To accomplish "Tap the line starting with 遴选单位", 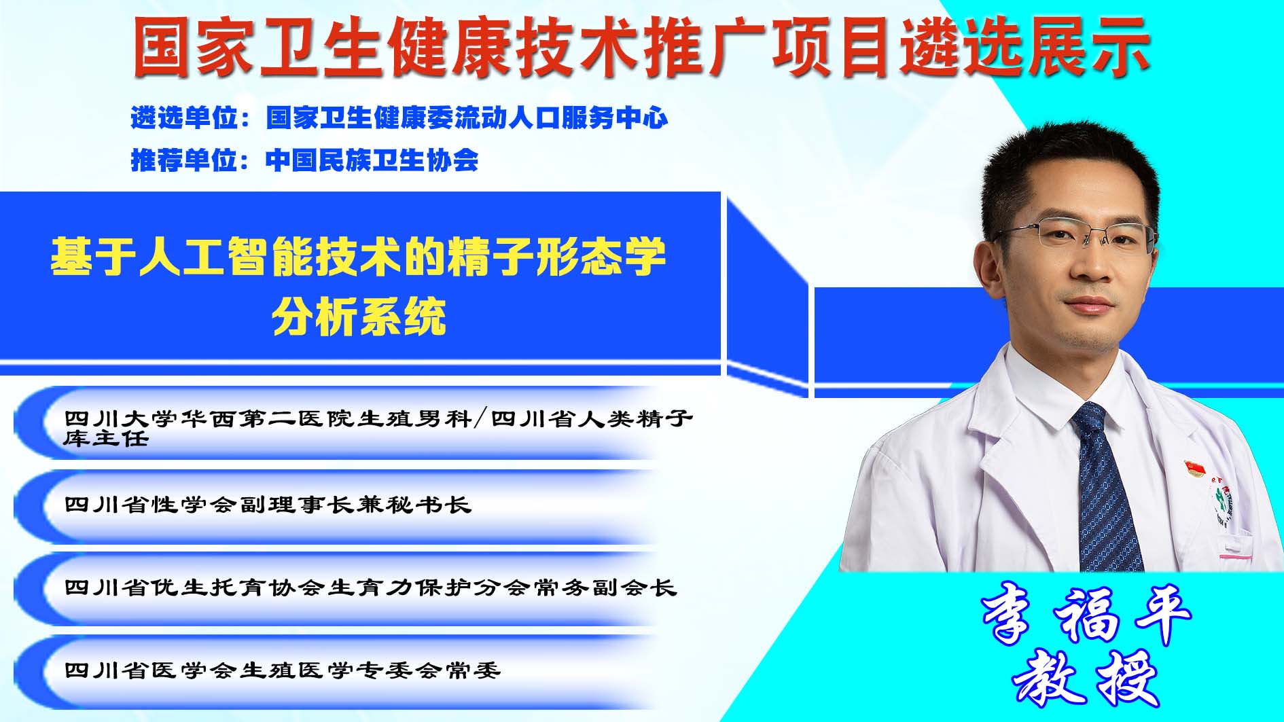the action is tap(399, 118).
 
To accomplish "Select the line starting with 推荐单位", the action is tap(304, 160).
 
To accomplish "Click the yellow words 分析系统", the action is tap(359, 316).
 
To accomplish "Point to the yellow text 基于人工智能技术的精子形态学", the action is tap(358, 257).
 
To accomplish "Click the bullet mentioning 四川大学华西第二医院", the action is tap(378, 427).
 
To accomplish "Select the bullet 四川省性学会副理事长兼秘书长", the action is tap(268, 505).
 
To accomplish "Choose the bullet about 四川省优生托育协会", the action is tap(370, 588).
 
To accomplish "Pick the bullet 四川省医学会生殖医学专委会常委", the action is tap(283, 670).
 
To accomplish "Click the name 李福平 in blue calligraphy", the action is tap(1086, 615).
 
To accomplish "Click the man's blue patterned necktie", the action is tap(1104, 489).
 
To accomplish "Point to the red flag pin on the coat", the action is tap(1194, 468).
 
